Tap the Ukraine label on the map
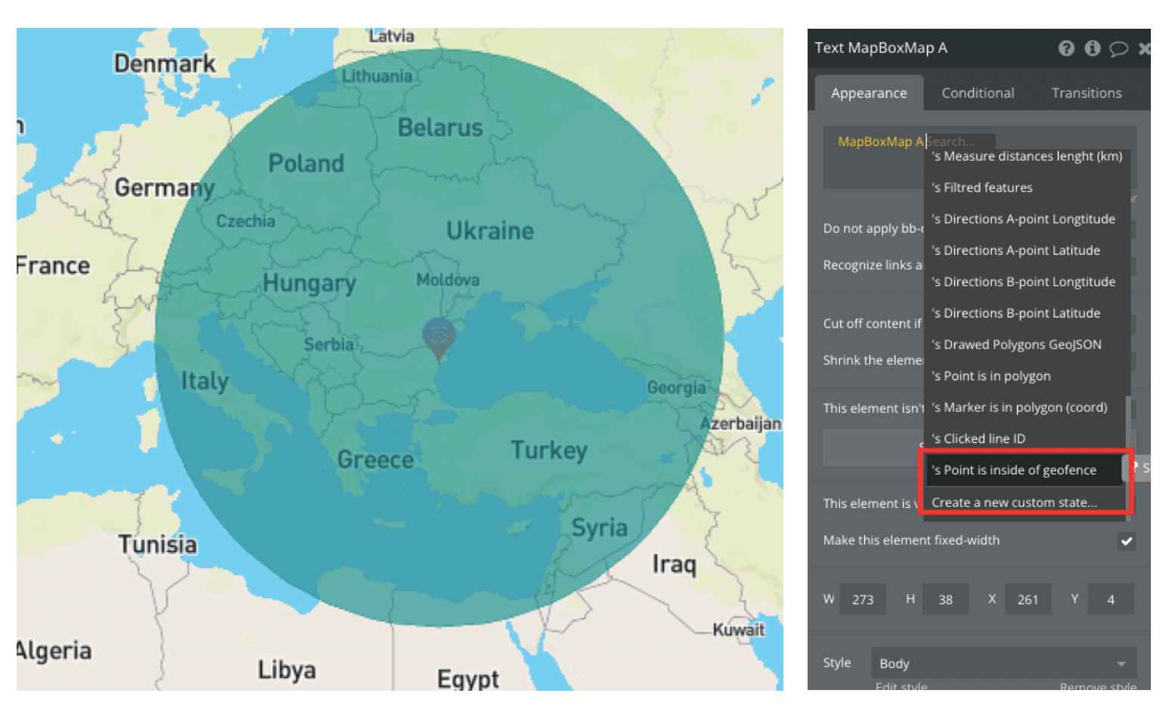(489, 231)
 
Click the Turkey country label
(549, 450)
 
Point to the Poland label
(305, 163)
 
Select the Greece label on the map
(375, 460)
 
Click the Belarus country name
(440, 128)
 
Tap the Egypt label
(468, 678)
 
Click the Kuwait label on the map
(738, 630)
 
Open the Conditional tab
(977, 93)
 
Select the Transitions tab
(1086, 93)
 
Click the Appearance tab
(868, 93)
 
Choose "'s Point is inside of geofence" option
(1013, 470)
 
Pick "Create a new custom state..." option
(1013, 503)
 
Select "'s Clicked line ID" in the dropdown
(978, 438)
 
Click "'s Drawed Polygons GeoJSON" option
(1016, 345)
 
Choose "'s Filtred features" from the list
(981, 187)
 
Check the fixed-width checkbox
(1126, 541)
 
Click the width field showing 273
(863, 599)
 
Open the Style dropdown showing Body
(1003, 664)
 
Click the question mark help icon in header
(1065, 48)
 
